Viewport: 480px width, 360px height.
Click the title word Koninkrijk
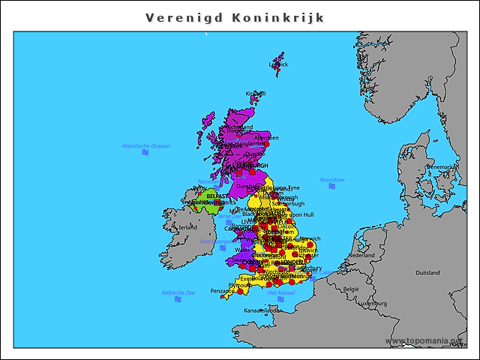[x=278, y=17]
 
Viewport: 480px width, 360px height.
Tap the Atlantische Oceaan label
[x=145, y=145]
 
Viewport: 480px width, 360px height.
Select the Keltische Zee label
[x=178, y=292]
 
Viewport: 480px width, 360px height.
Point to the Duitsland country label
[x=427, y=272]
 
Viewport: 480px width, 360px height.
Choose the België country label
[x=351, y=288]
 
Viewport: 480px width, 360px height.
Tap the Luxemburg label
[x=372, y=304]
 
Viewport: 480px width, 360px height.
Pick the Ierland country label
[x=187, y=226]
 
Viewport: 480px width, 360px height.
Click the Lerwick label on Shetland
[x=279, y=64]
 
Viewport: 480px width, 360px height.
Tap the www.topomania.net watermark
[x=424, y=341]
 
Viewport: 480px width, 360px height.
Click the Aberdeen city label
[x=266, y=137]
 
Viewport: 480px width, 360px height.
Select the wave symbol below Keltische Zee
[x=178, y=299]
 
